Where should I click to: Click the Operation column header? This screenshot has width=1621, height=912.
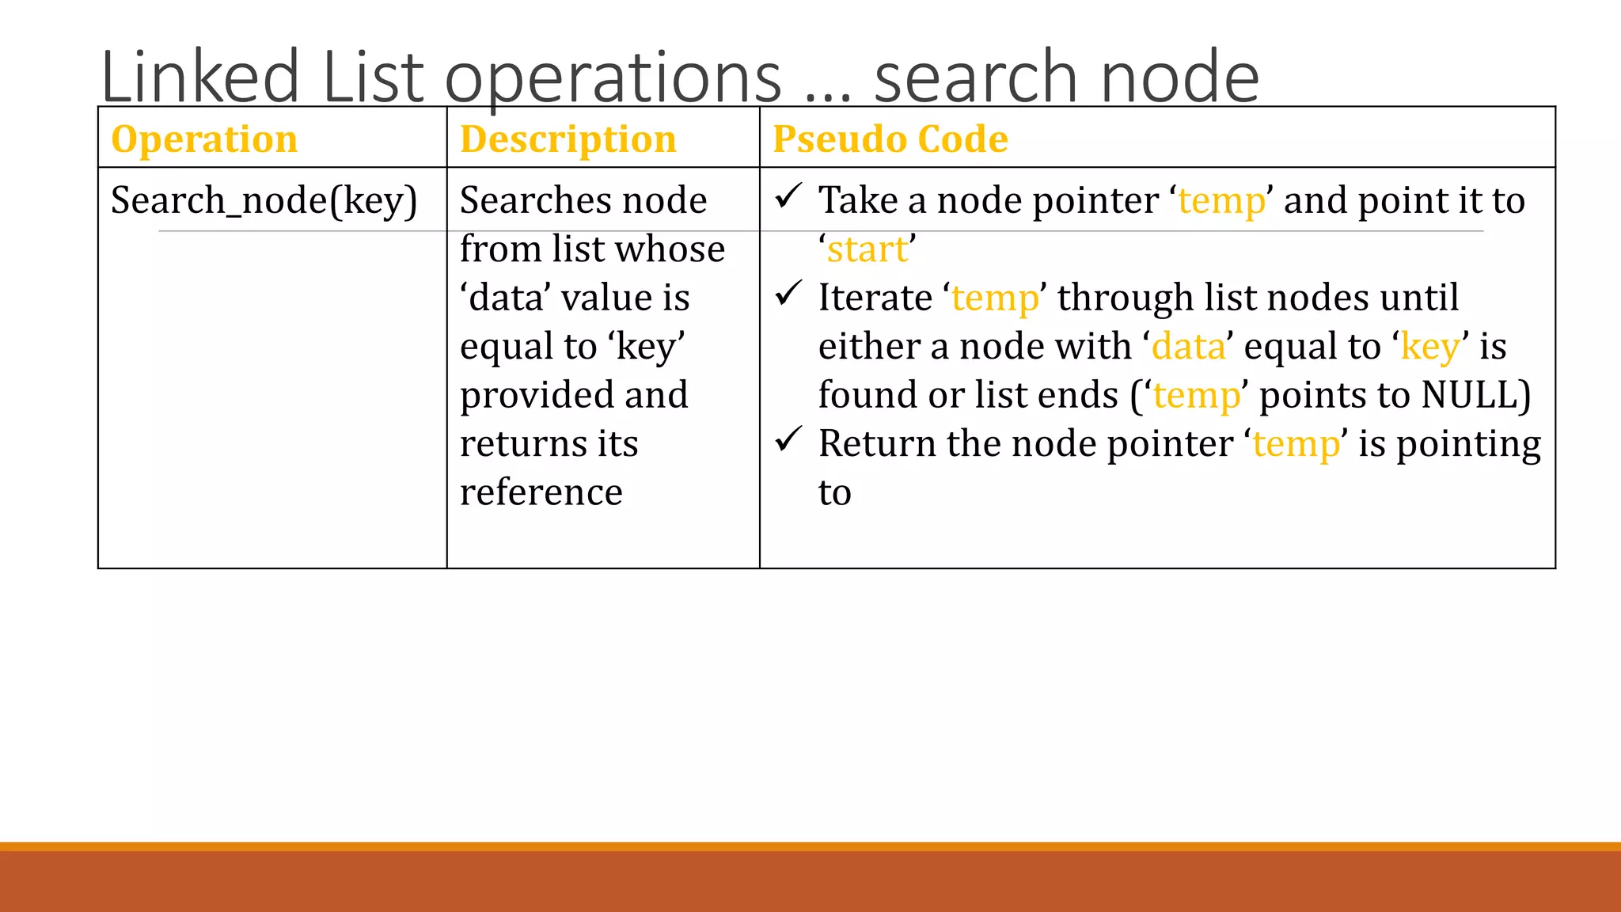(204, 139)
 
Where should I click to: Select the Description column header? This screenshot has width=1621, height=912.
(568, 139)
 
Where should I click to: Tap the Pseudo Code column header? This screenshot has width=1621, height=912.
(890, 139)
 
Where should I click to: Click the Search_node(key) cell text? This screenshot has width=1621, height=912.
(264, 200)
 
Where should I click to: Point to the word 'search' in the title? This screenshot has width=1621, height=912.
(976, 77)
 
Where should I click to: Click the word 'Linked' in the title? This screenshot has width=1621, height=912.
(200, 77)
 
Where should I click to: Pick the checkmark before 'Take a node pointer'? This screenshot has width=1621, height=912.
(788, 196)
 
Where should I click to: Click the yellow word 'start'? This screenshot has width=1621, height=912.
(867, 250)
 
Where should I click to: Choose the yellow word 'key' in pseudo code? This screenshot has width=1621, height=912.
(1429, 348)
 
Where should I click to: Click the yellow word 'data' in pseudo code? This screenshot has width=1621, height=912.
(1188, 347)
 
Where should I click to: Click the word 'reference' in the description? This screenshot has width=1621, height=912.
(541, 492)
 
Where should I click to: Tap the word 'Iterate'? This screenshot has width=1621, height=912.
(875, 298)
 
